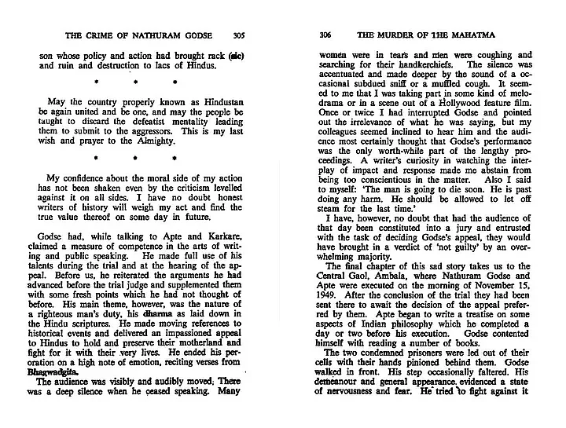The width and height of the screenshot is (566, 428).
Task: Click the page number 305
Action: tap(244, 35)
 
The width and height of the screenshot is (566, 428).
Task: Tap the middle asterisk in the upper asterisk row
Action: tap(135, 81)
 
